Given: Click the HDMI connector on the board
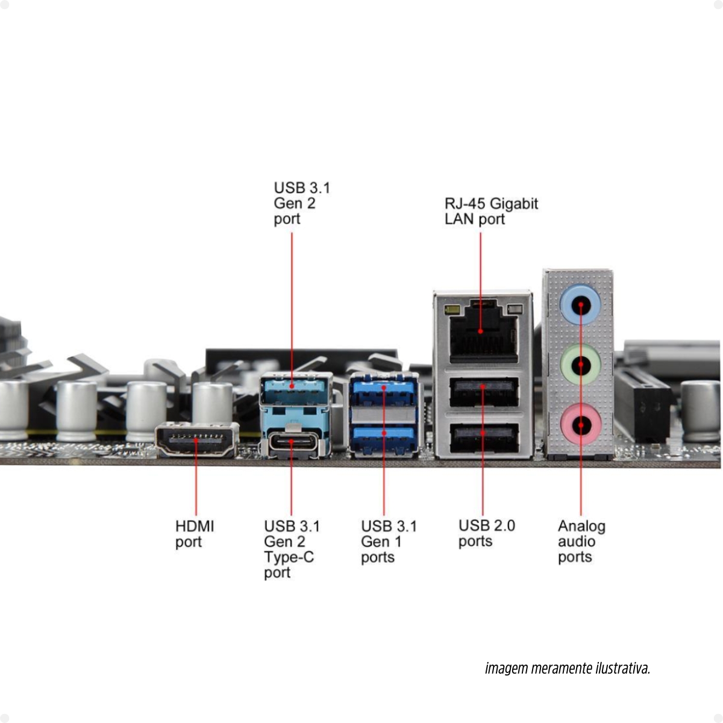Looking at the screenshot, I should [196, 440].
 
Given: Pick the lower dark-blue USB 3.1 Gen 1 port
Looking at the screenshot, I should [384, 439].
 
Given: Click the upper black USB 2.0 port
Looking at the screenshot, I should [484, 392].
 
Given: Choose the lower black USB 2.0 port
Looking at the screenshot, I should [484, 438].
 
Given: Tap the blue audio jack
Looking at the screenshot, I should [580, 305].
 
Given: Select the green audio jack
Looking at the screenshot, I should [580, 364].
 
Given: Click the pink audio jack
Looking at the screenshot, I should [580, 424].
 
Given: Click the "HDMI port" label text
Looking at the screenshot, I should [194, 534].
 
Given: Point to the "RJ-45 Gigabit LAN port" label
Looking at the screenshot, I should [490, 211].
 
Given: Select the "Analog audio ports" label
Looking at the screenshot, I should [581, 541].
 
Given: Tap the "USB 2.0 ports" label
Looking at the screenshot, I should [486, 533].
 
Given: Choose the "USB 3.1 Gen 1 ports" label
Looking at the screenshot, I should [389, 541].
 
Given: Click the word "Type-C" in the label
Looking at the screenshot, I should [289, 557].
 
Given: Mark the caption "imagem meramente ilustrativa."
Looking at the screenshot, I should [567, 668].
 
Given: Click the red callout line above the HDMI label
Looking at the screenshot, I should [196, 488].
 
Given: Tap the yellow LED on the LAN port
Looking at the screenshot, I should [449, 310].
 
